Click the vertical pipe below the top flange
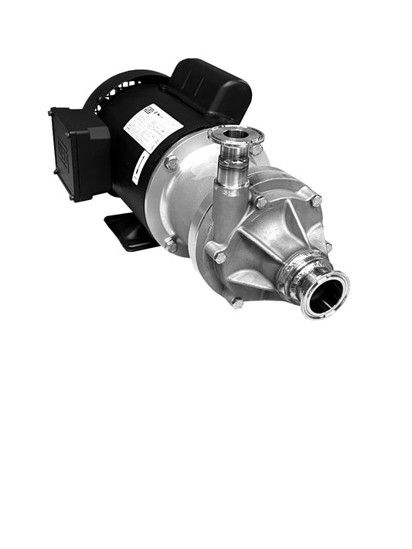click(231, 166)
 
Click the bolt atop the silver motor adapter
click(172, 164)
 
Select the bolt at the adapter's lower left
click(170, 246)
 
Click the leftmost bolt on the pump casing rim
click(220, 257)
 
